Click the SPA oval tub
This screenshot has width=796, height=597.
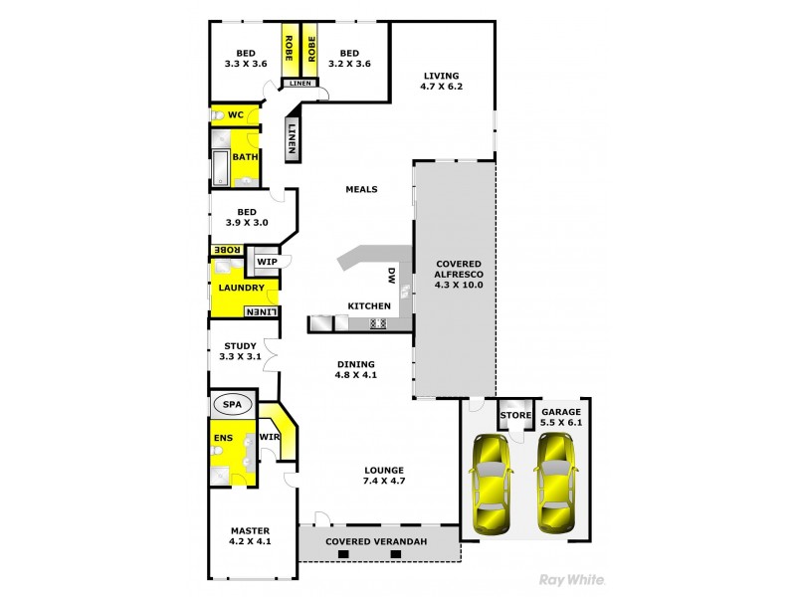point(232,405)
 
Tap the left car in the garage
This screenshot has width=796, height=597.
point(490,484)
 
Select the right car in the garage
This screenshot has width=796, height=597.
point(555,482)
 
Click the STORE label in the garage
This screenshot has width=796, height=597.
point(514,415)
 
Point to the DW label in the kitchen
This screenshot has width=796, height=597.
point(391,278)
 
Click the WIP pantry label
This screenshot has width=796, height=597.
point(267,262)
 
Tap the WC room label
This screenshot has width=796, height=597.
point(236,115)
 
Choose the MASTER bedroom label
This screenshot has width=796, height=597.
point(250,530)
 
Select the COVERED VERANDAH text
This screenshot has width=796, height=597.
point(378,540)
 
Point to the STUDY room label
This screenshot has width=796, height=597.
point(241,346)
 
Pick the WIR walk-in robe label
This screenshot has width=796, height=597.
point(269,436)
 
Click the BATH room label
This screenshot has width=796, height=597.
point(246,157)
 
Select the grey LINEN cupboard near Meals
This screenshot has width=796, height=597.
point(293,139)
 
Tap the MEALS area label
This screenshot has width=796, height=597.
point(361,189)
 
